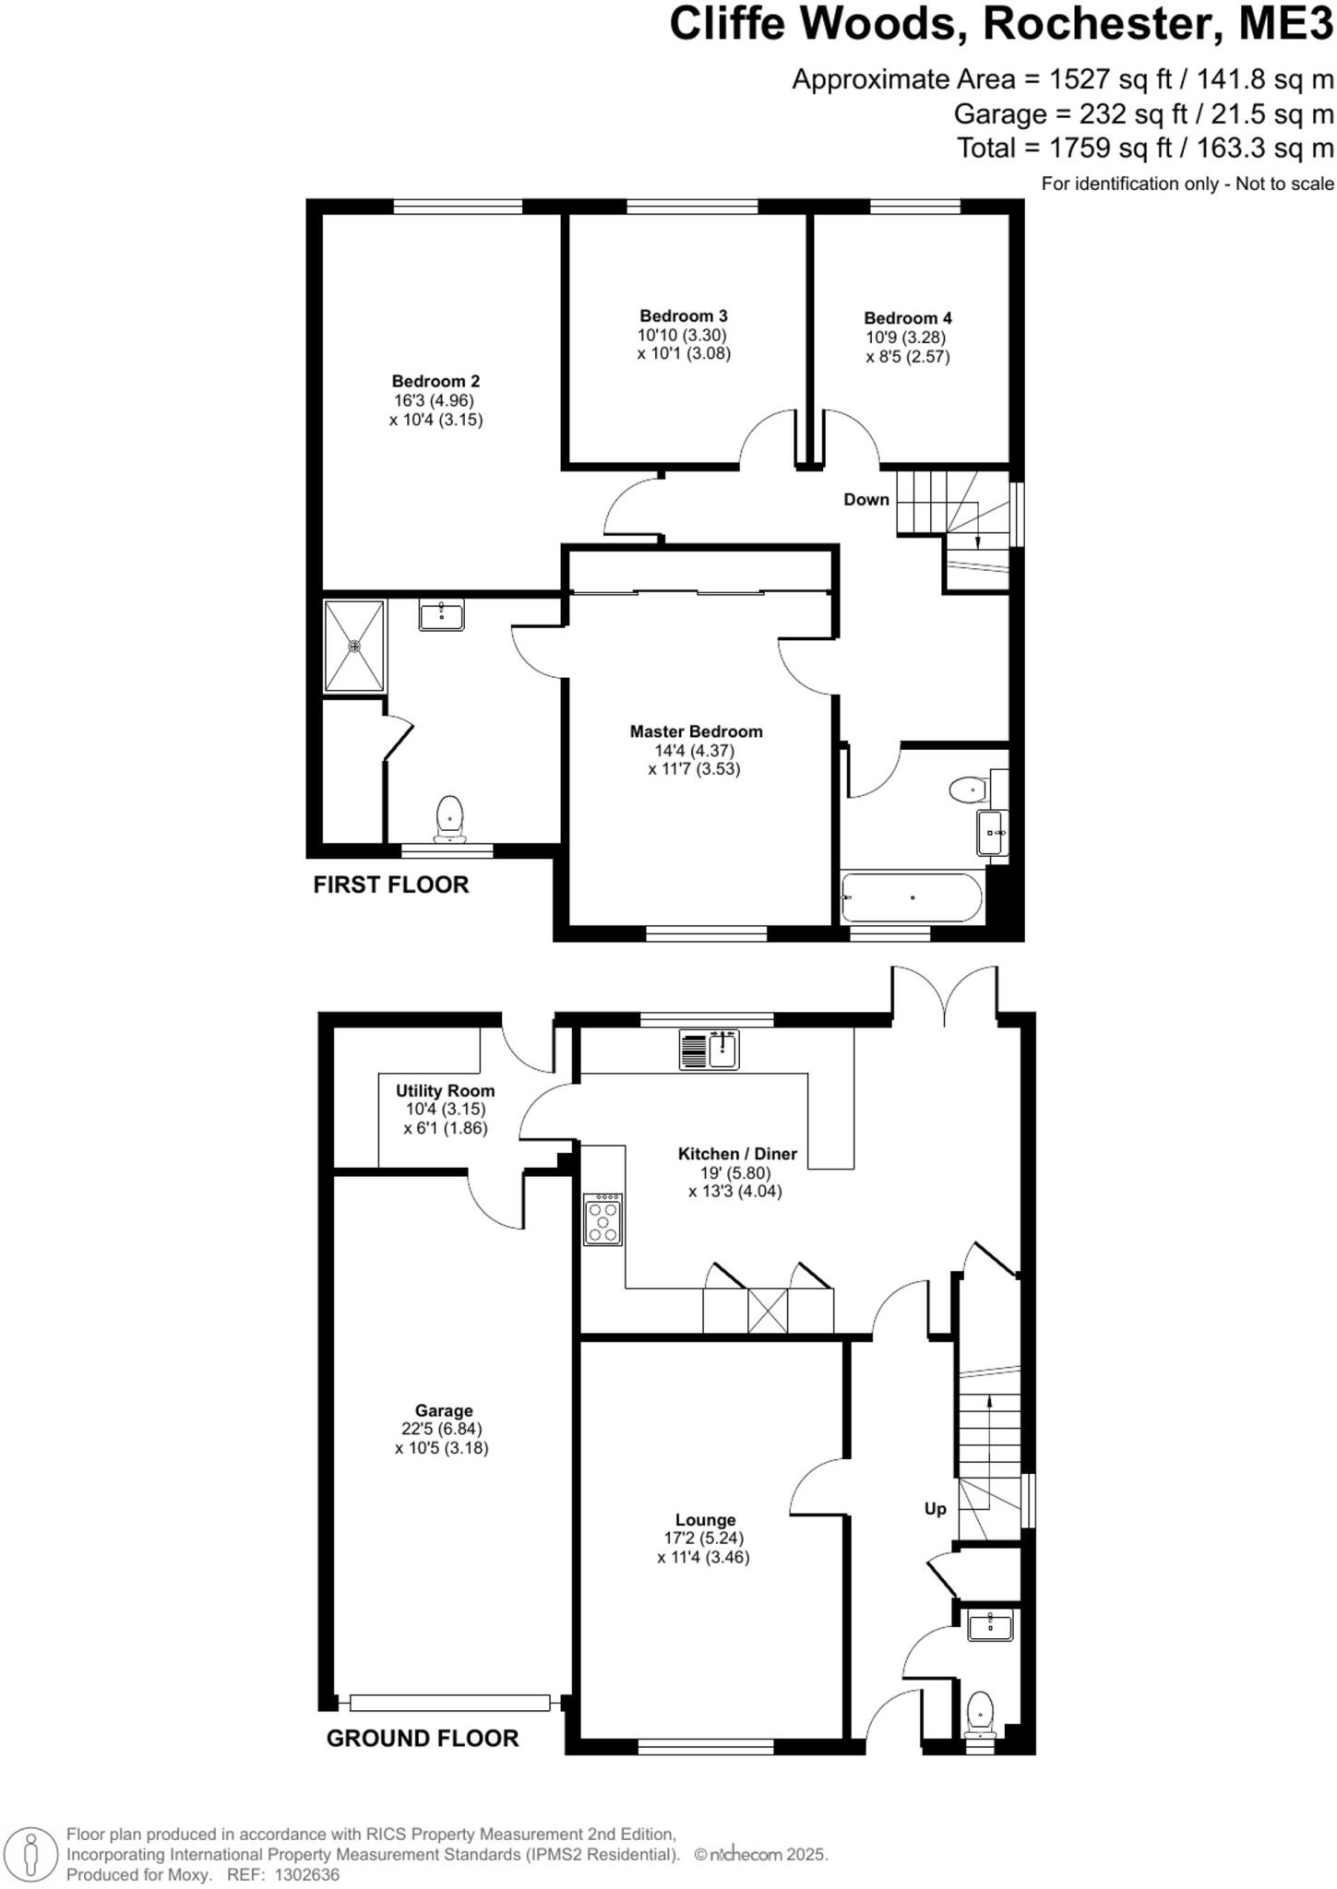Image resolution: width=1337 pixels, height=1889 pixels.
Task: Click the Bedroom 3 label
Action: point(683,316)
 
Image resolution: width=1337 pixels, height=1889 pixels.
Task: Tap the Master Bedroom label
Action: point(696,731)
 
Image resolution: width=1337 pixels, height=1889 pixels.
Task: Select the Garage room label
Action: point(443,1410)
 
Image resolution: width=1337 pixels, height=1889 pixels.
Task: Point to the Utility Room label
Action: point(445,1090)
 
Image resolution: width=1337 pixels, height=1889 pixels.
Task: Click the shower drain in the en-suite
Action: point(353,646)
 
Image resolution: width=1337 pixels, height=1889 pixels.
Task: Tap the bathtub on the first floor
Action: point(912,897)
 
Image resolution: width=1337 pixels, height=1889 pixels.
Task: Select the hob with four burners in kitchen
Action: point(603,1220)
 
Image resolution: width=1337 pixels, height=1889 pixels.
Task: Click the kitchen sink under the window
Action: point(710,1050)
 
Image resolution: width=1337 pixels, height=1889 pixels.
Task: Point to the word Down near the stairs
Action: point(866,500)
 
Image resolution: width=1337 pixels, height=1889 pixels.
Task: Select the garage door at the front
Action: point(449,1703)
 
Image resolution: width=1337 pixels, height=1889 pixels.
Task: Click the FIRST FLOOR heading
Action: point(390,885)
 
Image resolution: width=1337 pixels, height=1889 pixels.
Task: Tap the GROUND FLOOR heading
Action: point(423,1738)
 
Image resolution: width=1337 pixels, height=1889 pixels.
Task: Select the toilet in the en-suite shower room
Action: point(449,817)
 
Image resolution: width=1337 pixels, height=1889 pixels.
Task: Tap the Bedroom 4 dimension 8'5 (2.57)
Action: point(907,357)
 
